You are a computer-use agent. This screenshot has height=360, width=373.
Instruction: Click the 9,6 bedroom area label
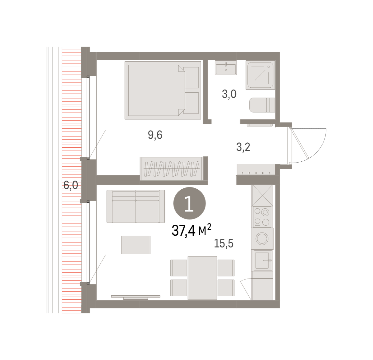[155, 135]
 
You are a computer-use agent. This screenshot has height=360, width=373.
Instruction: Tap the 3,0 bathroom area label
[229, 94]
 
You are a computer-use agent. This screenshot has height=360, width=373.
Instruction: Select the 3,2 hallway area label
[243, 147]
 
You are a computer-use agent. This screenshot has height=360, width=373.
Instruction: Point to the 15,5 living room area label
[224, 243]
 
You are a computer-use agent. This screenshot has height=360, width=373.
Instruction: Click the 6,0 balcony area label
[71, 185]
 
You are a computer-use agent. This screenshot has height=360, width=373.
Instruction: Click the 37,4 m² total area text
[191, 230]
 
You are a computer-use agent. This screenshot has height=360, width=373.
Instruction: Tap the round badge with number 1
[189, 203]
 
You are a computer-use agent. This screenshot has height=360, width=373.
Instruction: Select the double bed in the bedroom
[163, 90]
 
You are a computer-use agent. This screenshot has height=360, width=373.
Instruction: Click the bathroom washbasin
[226, 68]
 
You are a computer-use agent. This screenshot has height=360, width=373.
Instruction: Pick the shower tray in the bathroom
[260, 75]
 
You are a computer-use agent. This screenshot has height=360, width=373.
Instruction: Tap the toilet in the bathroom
[262, 105]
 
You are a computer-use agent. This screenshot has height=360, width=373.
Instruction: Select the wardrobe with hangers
[172, 169]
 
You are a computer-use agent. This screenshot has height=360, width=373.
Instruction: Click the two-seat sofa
[136, 206]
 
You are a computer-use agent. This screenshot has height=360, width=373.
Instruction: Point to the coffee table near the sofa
[136, 245]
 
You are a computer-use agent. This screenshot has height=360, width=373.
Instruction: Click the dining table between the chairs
[202, 278]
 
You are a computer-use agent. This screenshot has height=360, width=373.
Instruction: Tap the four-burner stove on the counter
[262, 217]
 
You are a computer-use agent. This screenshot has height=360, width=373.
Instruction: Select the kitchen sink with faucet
[263, 260]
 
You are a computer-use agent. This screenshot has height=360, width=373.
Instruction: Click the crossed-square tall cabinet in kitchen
[262, 195]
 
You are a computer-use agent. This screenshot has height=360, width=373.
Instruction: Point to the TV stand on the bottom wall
[136, 297]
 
